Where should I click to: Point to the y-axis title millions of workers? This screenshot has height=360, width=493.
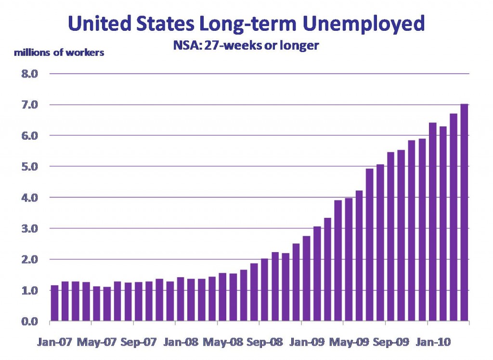click(59, 53)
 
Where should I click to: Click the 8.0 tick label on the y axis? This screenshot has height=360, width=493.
click(29, 74)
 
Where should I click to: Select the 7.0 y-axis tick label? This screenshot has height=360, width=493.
click(29, 105)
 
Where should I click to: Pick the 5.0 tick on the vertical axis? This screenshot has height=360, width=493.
click(29, 167)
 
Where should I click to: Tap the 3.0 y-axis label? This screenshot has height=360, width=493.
click(29, 228)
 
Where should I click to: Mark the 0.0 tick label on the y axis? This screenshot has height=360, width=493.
click(29, 321)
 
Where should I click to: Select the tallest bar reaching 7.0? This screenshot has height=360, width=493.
click(464, 213)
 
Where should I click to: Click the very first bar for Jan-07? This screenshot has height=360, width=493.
click(54, 303)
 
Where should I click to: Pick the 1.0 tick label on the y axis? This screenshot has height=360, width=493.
click(29, 291)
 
